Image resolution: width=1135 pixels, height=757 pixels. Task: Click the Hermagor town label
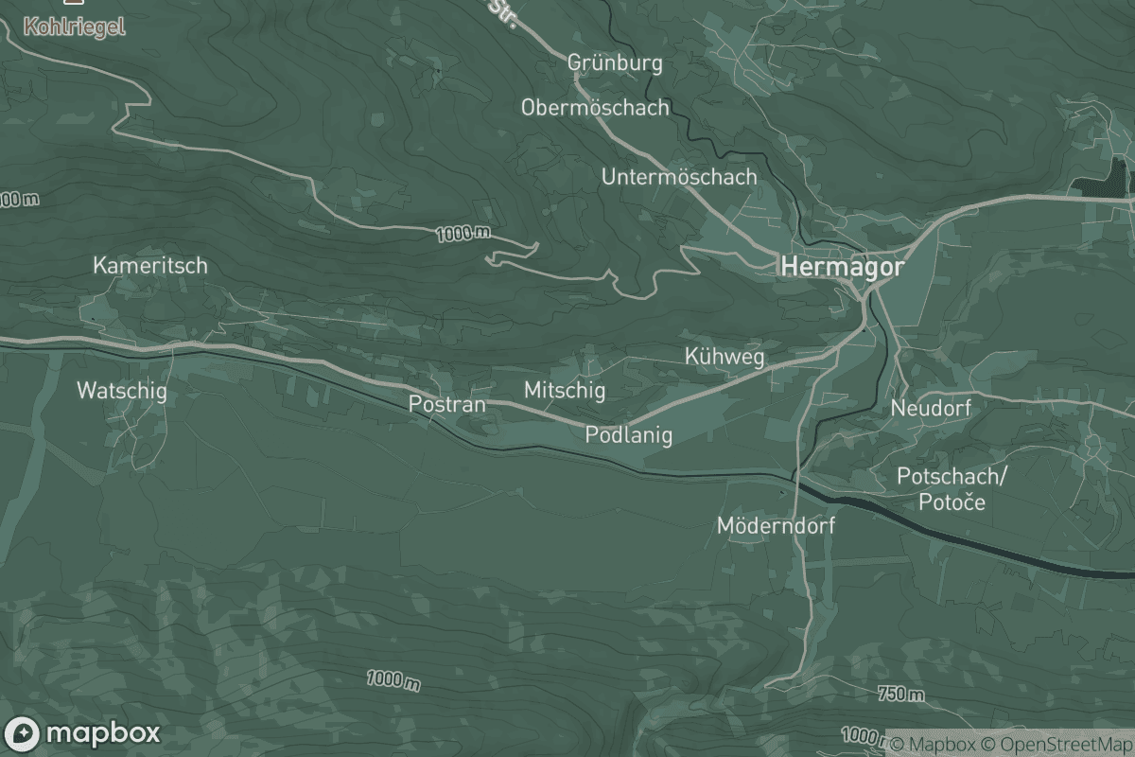(x=841, y=268)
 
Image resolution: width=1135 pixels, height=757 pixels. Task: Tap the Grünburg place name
(x=615, y=63)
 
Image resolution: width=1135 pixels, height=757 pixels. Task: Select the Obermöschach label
(x=595, y=108)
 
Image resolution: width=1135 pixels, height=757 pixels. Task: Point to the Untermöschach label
(x=679, y=177)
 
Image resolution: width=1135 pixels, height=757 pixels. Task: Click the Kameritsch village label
(x=149, y=266)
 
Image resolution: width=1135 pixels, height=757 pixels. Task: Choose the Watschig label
(x=121, y=390)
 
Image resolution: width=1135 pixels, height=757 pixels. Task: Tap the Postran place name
(x=446, y=404)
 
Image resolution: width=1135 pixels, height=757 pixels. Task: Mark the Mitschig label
(x=565, y=389)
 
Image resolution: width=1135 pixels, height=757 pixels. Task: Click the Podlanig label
(x=628, y=435)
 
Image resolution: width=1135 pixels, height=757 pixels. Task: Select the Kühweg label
(x=723, y=357)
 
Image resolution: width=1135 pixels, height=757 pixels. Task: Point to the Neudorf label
(x=931, y=408)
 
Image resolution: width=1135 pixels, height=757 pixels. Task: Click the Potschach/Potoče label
(x=952, y=488)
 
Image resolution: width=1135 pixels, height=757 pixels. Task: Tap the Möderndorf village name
(x=776, y=525)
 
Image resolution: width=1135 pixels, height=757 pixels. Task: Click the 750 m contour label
(x=900, y=695)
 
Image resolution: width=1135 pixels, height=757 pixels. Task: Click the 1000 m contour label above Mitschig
(x=464, y=233)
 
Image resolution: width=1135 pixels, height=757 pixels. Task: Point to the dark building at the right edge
(x=1118, y=179)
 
